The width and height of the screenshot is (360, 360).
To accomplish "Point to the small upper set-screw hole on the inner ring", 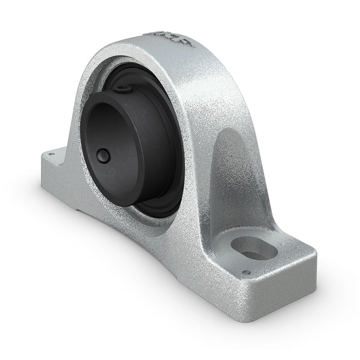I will [x=125, y=90].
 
